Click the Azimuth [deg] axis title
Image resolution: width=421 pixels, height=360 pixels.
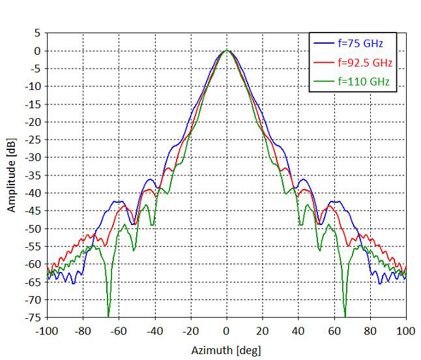[x=225, y=350]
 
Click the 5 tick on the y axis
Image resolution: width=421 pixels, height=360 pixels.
[x=37, y=33]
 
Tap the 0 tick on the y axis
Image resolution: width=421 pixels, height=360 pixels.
[x=37, y=50]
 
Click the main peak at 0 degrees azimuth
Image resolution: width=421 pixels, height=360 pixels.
[x=226, y=50]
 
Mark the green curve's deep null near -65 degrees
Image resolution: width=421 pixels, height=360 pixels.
[x=109, y=316]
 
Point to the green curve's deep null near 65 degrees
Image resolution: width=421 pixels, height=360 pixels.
[x=345, y=316]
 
